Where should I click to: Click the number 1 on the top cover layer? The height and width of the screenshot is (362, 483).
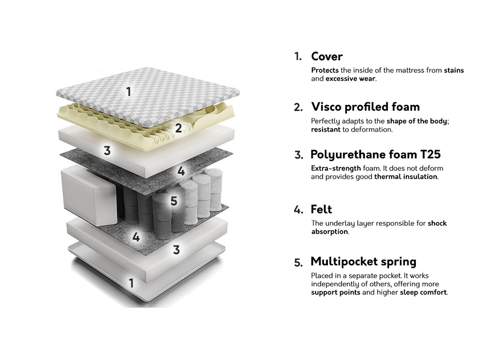click(128, 92)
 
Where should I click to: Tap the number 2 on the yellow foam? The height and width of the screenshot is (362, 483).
click(178, 128)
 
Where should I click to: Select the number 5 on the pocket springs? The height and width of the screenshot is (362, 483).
click(173, 201)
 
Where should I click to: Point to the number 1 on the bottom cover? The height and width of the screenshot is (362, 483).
click(131, 283)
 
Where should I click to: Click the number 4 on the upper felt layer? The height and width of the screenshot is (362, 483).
click(181, 171)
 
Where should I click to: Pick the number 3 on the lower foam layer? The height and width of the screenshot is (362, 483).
click(176, 249)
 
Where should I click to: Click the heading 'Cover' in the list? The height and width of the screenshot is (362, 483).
click(326, 56)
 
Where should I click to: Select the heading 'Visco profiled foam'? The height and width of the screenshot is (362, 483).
click(365, 107)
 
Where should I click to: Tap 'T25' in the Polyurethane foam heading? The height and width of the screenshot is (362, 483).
click(430, 155)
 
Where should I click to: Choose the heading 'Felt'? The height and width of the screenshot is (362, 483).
click(321, 209)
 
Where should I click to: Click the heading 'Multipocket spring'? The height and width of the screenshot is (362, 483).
click(363, 262)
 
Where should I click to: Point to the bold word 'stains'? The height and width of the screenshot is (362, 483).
click(453, 70)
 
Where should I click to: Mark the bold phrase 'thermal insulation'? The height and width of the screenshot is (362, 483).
click(406, 176)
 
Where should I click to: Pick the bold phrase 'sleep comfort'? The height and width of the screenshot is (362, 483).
click(423, 292)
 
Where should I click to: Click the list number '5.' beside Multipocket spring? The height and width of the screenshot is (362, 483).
click(298, 263)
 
